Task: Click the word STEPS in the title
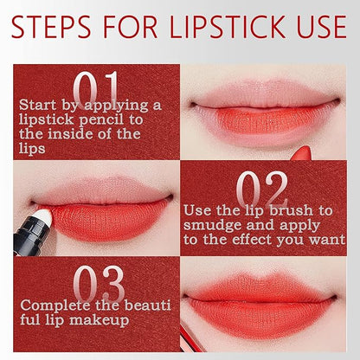coord(51,27)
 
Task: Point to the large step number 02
coord(262,189)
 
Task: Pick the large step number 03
coord(99,284)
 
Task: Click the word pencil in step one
coord(101,120)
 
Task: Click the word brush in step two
coord(292,210)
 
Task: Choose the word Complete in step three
coord(55,305)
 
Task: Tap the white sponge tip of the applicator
coord(43,217)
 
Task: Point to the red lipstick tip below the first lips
coord(301,153)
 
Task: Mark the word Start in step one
coord(38,105)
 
